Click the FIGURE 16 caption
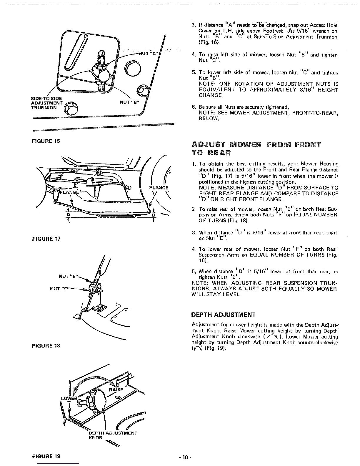(46, 141)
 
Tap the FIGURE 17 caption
(46, 239)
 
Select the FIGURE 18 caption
(46, 346)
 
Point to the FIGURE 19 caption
(46, 456)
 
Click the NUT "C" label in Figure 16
(148, 53)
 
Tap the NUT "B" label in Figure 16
(129, 102)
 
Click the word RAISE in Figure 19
(116, 390)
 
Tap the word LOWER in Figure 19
(69, 398)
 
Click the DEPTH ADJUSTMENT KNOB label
(113, 435)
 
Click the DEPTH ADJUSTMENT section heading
(223, 315)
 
